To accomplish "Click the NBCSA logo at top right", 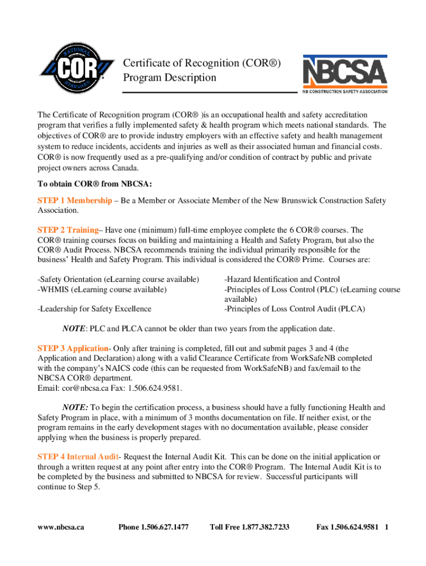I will pyautogui.click(x=344, y=74).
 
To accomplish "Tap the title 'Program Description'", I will pyautogui.click(x=169, y=77).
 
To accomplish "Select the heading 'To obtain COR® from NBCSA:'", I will pyautogui.click(x=95, y=184).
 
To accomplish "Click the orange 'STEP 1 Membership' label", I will pyautogui.click(x=74, y=201).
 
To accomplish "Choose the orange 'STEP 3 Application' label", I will pyautogui.click(x=72, y=348).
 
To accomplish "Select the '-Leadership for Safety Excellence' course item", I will pyautogui.click(x=94, y=308).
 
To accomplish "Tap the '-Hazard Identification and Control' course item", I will pyautogui.click(x=282, y=279).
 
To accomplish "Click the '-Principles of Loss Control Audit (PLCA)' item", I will pyautogui.click(x=294, y=308).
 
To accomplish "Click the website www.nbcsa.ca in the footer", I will pyautogui.click(x=61, y=527).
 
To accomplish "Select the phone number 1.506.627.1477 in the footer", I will pyautogui.click(x=153, y=527).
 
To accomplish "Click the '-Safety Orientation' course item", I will pyautogui.click(x=118, y=279).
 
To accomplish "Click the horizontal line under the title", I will pyautogui.click(x=210, y=92).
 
